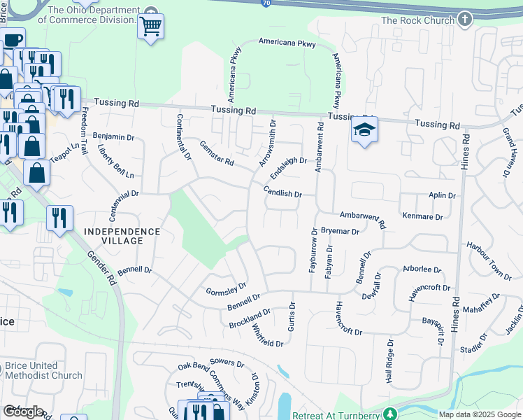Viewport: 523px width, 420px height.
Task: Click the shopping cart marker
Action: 151,27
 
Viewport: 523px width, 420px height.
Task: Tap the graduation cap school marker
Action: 364,129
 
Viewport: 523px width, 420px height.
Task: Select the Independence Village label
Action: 122,236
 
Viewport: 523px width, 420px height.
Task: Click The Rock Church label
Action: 418,20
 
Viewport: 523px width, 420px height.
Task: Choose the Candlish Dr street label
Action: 282,192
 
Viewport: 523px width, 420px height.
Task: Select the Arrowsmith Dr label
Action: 268,142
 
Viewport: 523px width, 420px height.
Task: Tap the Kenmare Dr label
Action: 423,217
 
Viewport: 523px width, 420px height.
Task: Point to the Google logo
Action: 23,412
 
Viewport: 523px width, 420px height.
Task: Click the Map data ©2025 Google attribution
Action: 479,414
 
